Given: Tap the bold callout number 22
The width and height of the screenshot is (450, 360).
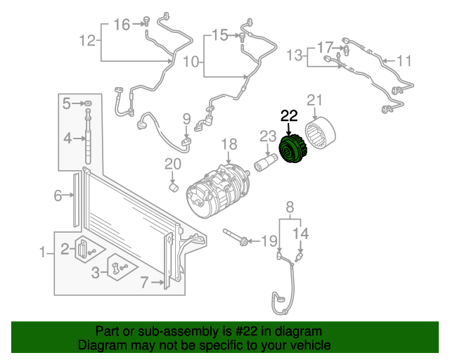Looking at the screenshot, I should [289, 115].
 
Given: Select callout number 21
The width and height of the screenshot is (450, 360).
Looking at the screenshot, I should [314, 100].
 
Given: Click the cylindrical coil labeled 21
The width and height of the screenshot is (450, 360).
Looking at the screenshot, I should [326, 137].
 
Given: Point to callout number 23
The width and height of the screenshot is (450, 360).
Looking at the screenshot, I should [269, 136].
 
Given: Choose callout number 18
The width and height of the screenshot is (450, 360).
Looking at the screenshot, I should [230, 145].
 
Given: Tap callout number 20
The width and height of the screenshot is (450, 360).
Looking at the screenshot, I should [173, 165].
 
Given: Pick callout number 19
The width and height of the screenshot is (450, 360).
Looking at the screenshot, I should [269, 241].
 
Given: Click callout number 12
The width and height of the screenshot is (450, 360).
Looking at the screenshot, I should [86, 41].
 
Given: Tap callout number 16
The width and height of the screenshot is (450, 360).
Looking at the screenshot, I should [122, 25].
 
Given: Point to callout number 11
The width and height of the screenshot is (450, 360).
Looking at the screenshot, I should [404, 61].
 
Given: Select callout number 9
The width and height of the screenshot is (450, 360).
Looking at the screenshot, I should [187, 118].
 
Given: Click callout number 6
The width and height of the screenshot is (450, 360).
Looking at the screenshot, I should [58, 196].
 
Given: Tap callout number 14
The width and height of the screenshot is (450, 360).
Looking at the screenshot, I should [300, 233].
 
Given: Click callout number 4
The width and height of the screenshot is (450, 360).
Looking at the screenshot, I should [67, 139].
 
